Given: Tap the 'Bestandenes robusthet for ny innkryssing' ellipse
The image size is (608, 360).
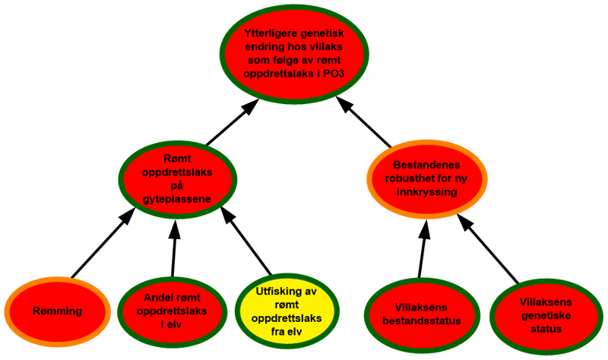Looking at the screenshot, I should [x=426, y=179].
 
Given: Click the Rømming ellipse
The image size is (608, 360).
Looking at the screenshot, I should [x=58, y=311].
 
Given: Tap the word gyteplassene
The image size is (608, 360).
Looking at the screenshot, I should [x=177, y=199].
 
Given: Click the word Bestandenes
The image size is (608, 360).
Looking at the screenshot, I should [x=426, y=165].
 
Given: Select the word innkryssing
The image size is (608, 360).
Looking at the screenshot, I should [x=426, y=193].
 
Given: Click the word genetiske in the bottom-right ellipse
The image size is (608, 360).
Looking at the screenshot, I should [x=545, y=315].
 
